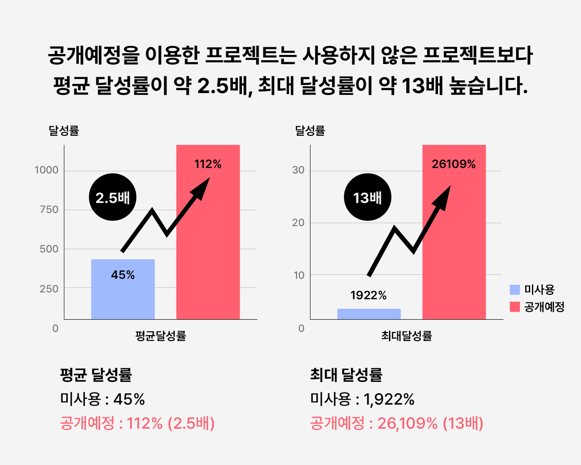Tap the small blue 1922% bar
point(369,314)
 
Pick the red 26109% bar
point(454,245)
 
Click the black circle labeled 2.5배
point(113,197)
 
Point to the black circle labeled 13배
point(367,197)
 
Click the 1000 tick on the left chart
point(47,170)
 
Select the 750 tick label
point(49,210)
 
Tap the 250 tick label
point(49,289)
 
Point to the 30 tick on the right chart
point(298,170)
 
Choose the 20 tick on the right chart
point(298,223)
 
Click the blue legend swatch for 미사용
point(515,290)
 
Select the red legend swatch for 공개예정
point(515,307)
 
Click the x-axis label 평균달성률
point(161,336)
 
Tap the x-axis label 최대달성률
point(407,336)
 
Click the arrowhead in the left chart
point(202,187)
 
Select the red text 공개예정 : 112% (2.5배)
point(137,423)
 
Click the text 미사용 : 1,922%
point(362,400)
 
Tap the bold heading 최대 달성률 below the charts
point(346,375)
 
